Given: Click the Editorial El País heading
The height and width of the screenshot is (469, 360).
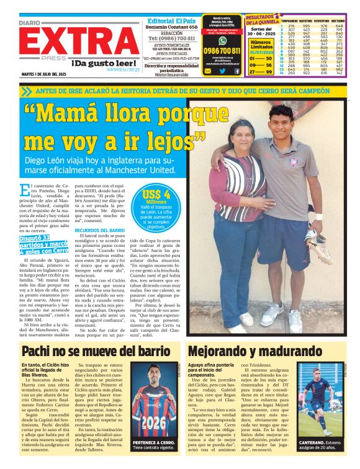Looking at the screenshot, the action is [x=171, y=21].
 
